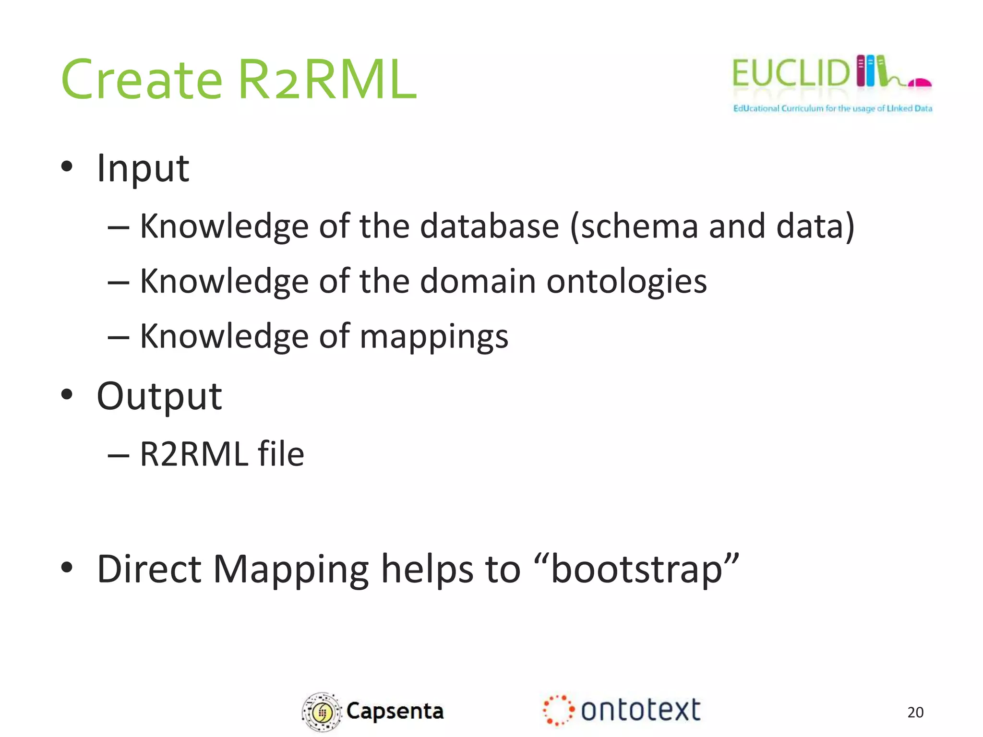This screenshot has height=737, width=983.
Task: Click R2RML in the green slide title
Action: (x=327, y=80)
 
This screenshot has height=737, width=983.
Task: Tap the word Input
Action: (x=143, y=169)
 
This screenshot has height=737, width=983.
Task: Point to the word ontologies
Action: (x=626, y=281)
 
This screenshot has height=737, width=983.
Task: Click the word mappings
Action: (x=434, y=337)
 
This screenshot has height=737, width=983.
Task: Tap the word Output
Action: (x=159, y=397)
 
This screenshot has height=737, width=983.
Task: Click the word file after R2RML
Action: (x=281, y=454)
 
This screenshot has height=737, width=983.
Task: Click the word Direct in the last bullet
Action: (x=149, y=570)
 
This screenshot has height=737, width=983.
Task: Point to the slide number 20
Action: (x=915, y=712)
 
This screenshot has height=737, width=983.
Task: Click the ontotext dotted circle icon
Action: (x=558, y=710)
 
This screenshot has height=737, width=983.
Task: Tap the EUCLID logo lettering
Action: (x=790, y=73)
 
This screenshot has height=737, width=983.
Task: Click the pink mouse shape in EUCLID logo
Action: (x=920, y=83)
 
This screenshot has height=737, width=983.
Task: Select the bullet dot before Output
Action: (x=67, y=394)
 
